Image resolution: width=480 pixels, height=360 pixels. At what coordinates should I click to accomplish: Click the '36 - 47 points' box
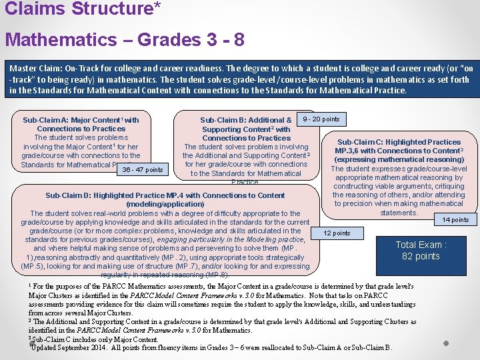click(x=143, y=170)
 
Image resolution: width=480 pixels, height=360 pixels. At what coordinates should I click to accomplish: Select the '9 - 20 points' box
click(x=321, y=119)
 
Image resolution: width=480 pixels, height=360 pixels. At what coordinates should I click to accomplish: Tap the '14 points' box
click(x=455, y=220)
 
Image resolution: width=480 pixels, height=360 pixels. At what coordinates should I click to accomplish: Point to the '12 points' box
click(x=337, y=233)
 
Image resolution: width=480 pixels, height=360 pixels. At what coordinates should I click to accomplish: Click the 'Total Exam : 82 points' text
click(x=421, y=250)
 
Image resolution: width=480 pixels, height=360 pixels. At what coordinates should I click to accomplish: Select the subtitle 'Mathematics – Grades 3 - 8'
click(x=125, y=39)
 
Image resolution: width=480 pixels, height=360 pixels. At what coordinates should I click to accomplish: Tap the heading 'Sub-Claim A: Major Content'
click(x=79, y=120)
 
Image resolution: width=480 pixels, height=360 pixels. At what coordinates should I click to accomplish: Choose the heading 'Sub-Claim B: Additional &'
click(x=245, y=121)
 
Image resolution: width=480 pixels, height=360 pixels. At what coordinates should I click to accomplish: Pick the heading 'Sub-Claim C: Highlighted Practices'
click(x=399, y=142)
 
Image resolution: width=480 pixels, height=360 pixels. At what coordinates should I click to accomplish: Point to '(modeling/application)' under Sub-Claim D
click(x=165, y=204)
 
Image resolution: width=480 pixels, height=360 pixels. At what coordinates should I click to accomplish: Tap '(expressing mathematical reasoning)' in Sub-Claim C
click(x=399, y=159)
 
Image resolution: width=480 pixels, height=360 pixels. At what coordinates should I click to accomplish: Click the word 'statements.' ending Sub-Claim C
click(x=399, y=213)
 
